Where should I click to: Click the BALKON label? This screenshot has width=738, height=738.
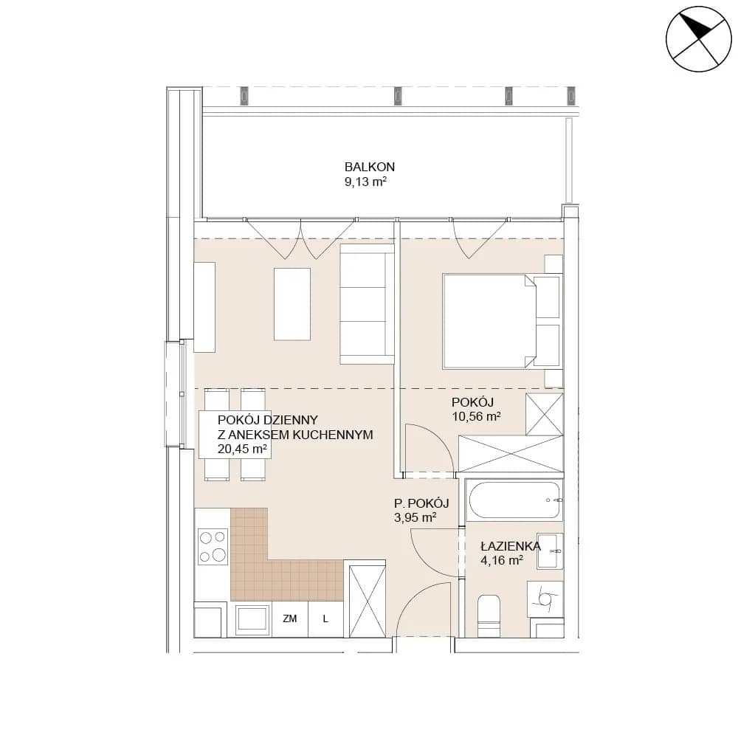(x=370, y=167)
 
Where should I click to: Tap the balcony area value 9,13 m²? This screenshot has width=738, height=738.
(x=366, y=182)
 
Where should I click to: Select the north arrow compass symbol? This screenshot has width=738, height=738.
(x=698, y=39)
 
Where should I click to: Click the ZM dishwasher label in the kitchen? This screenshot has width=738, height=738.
(x=290, y=618)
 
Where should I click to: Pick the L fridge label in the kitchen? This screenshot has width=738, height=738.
(x=325, y=618)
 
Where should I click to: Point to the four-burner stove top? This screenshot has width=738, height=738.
(x=213, y=546)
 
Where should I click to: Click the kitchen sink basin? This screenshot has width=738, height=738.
(x=252, y=618)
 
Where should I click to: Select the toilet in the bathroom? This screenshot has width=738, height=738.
(x=489, y=615)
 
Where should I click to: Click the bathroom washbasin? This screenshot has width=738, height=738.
(x=550, y=551)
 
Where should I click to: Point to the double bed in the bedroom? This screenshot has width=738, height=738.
(x=502, y=321)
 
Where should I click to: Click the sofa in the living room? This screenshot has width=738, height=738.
(x=367, y=303)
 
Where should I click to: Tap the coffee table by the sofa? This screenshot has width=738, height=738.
(x=292, y=303)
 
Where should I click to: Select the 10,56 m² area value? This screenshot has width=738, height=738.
(x=476, y=416)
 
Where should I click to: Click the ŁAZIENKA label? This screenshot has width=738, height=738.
(x=511, y=546)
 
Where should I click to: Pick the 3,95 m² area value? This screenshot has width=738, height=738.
(x=415, y=518)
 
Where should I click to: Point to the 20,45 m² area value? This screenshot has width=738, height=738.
(x=242, y=449)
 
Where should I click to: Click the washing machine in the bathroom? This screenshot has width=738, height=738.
(x=545, y=599)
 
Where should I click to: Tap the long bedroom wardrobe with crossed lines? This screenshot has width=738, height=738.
(x=511, y=454)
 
